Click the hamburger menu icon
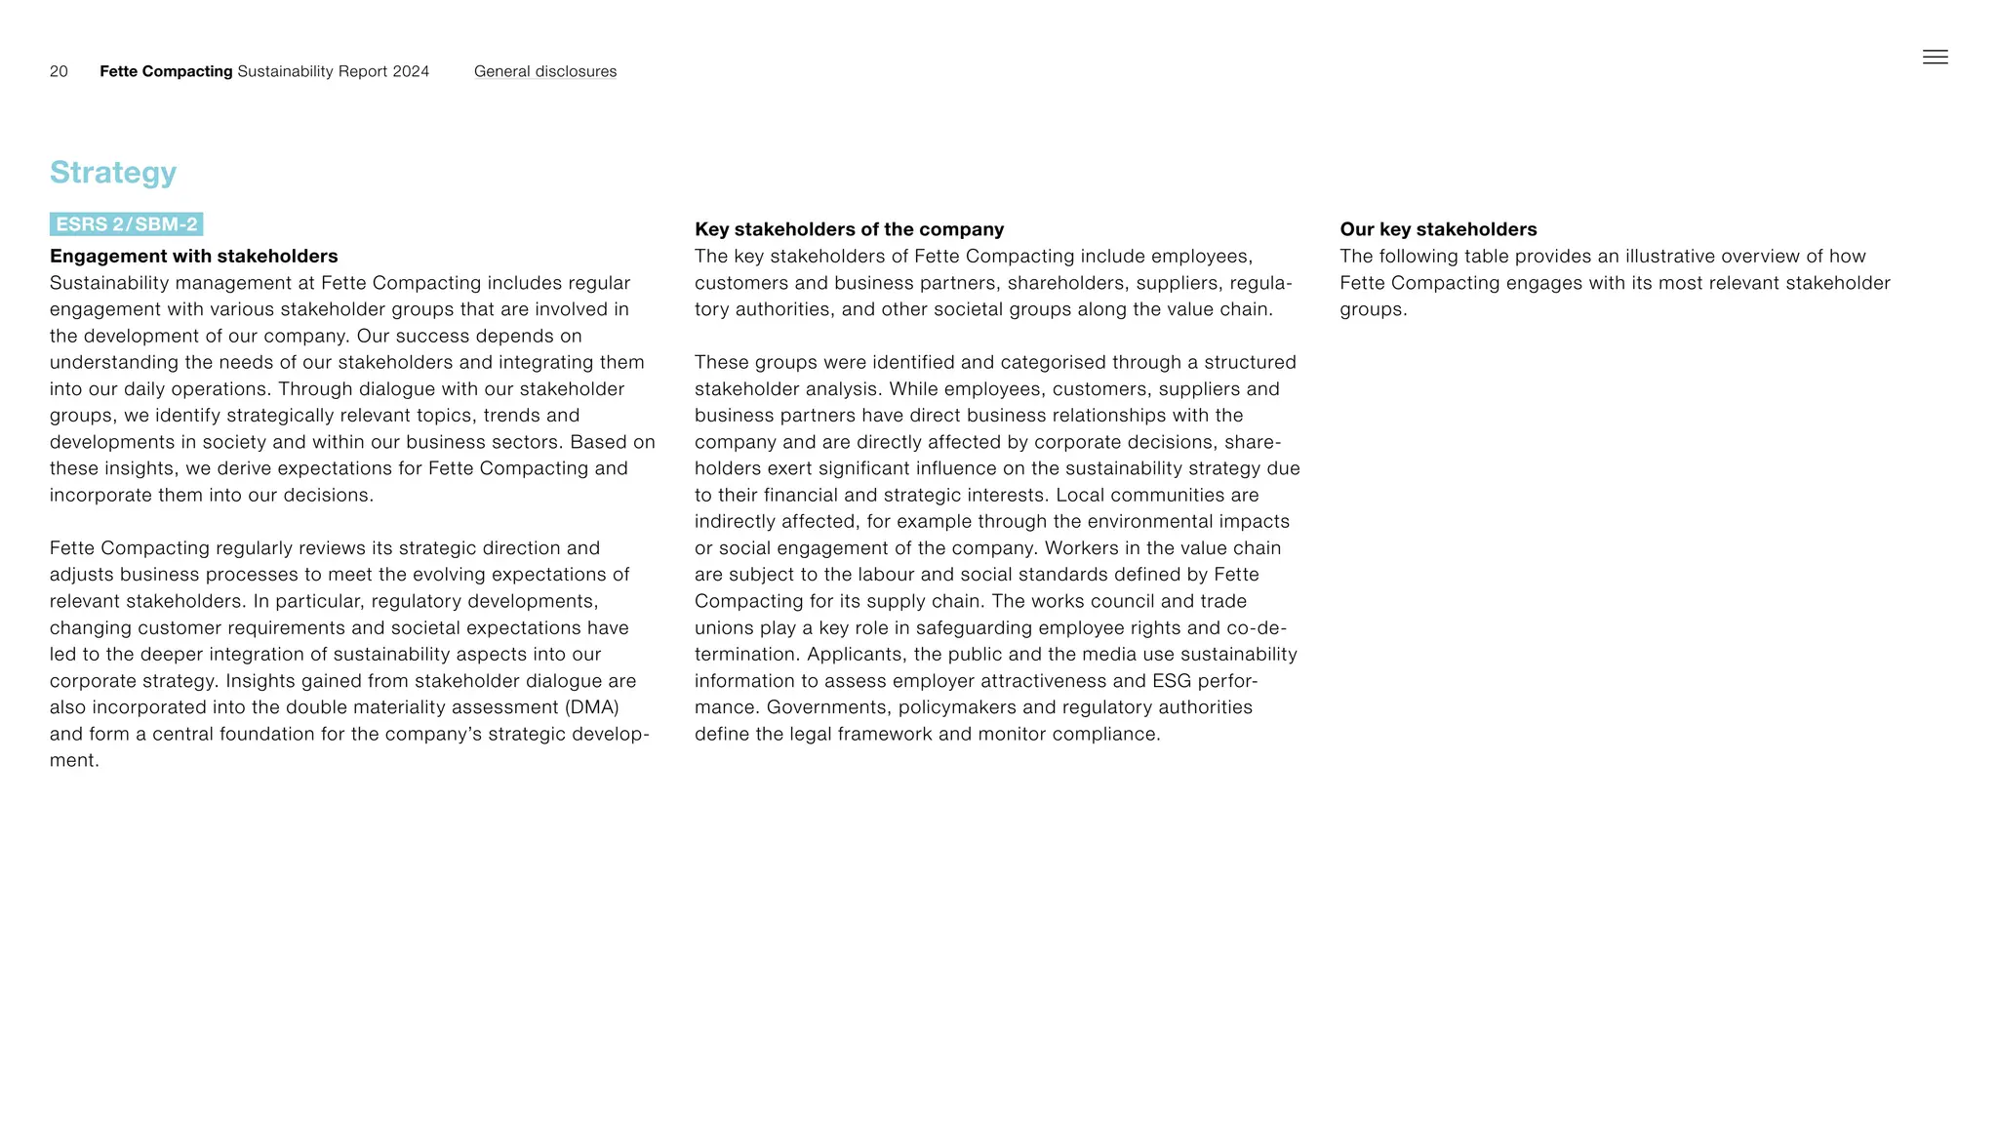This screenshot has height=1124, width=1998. [x=1935, y=58]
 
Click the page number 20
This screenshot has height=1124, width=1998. [x=59, y=71]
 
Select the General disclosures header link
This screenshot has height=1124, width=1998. [x=544, y=71]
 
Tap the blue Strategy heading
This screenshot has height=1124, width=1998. [x=113, y=173]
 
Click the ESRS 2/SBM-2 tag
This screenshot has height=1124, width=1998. [x=127, y=224]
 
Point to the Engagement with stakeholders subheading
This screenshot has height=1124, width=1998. [x=193, y=256]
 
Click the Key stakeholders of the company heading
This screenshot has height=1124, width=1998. [x=849, y=229]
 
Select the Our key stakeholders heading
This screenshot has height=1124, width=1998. [x=1437, y=229]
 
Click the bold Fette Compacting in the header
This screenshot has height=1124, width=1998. [x=166, y=71]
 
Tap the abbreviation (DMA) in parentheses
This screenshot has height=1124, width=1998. [x=591, y=707]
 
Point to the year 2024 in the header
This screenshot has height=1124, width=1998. [x=411, y=71]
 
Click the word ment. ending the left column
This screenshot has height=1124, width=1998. [x=74, y=761]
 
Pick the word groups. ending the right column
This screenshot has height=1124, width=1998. [x=1373, y=310]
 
